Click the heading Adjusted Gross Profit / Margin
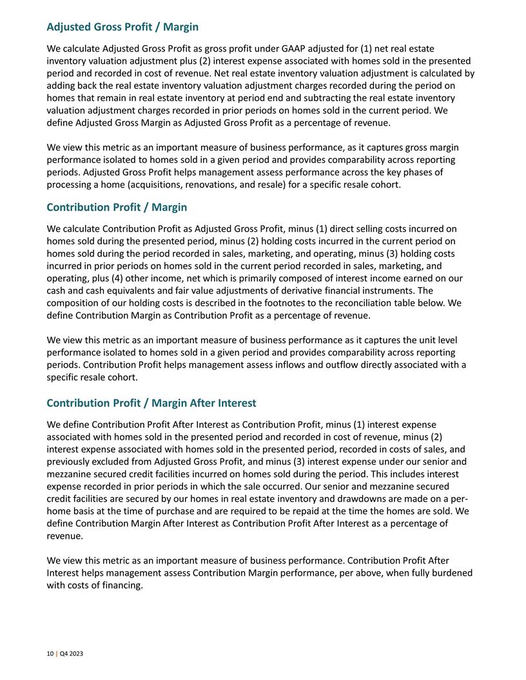[x=122, y=27]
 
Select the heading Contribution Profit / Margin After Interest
[x=151, y=403]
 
